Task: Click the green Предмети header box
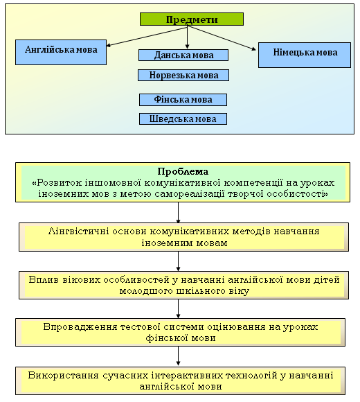(192, 19)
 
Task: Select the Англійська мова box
(61, 52)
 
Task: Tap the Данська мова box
(183, 55)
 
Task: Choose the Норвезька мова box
(183, 75)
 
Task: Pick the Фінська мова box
(183, 100)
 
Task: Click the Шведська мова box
(183, 119)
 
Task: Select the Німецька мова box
(305, 55)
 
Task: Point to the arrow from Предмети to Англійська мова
(147, 36)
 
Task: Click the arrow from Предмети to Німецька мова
(222, 37)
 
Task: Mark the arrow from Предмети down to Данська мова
(187, 37)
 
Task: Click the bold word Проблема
(183, 171)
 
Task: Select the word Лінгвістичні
(78, 231)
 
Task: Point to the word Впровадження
(80, 326)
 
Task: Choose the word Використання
(63, 375)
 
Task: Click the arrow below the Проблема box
(178, 213)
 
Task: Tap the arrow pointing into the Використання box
(178, 356)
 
